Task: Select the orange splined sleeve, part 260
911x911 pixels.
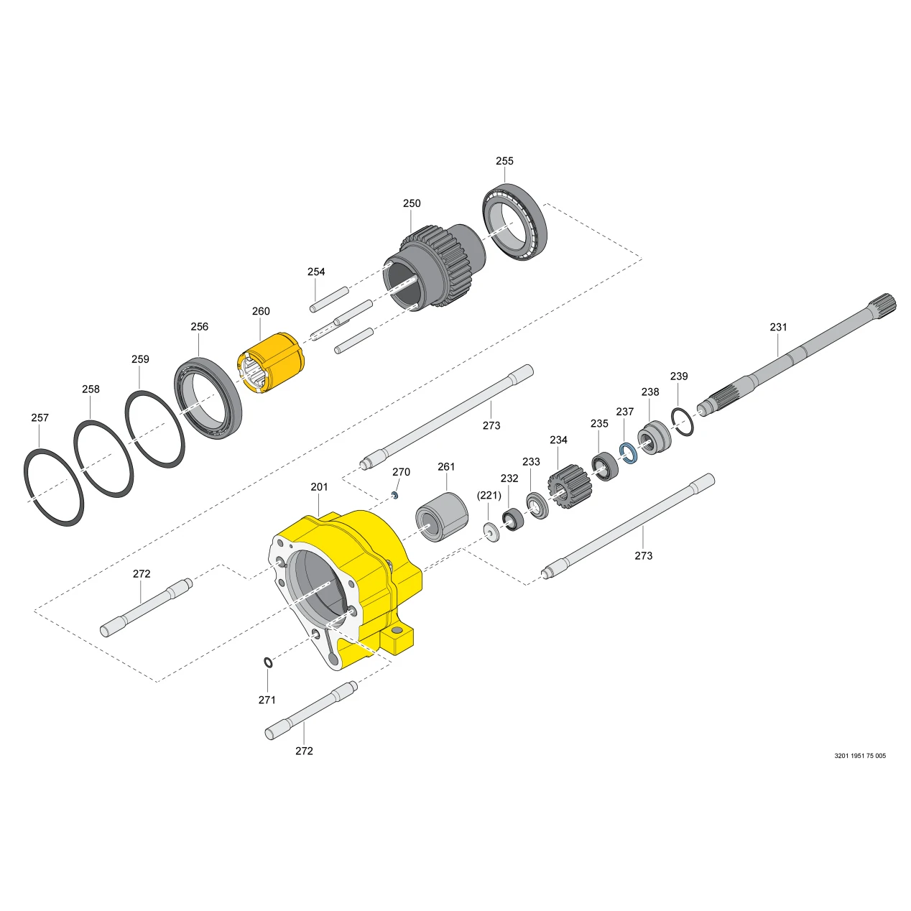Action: coord(270,363)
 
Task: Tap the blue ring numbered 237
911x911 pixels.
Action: coord(629,453)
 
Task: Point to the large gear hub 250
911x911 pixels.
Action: coord(434,265)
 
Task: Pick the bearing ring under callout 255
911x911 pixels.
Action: coord(514,221)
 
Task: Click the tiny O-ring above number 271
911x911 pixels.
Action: coord(268,662)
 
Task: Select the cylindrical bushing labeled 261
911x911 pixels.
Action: coord(442,517)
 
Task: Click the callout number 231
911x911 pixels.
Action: coord(778,327)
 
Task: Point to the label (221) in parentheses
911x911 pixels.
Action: coord(489,495)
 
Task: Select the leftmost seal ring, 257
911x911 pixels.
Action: coord(54,486)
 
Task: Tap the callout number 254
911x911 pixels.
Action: coord(316,272)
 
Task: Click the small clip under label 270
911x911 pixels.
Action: coord(395,495)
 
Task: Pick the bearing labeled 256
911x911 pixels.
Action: coord(208,399)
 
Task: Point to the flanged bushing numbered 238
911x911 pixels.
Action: coord(655,438)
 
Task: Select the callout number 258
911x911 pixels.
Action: coord(91,389)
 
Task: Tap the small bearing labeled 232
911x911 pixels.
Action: coord(512,519)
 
